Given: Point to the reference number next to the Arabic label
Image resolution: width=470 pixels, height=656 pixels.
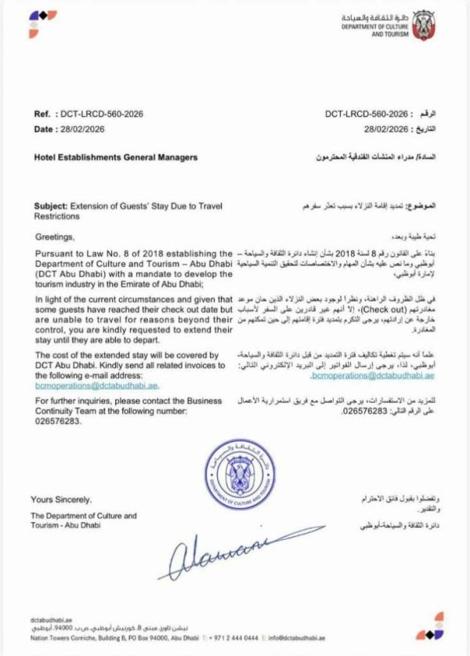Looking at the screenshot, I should click(367, 114).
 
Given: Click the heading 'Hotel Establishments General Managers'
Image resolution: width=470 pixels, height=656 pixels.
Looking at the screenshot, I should click(116, 158).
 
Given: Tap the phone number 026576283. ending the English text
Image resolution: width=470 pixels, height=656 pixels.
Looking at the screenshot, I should click(56, 421).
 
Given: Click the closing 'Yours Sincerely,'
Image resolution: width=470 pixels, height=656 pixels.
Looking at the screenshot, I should click(61, 499).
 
